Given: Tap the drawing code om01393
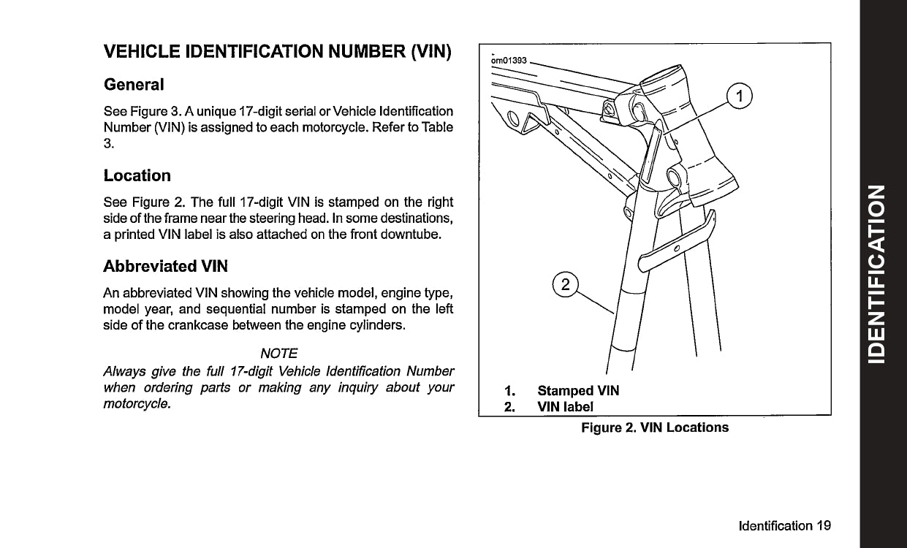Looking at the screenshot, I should tap(509, 60).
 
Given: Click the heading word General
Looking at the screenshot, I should tap(134, 84).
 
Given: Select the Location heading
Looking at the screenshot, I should tap(137, 175).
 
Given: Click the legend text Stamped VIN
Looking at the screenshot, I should tap(578, 391).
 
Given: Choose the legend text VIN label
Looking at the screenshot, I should tap(566, 406).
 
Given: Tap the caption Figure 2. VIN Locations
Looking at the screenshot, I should tap(655, 427).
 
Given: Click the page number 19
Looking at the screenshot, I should tap(824, 525).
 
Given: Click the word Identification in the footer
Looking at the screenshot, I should tap(775, 525).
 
